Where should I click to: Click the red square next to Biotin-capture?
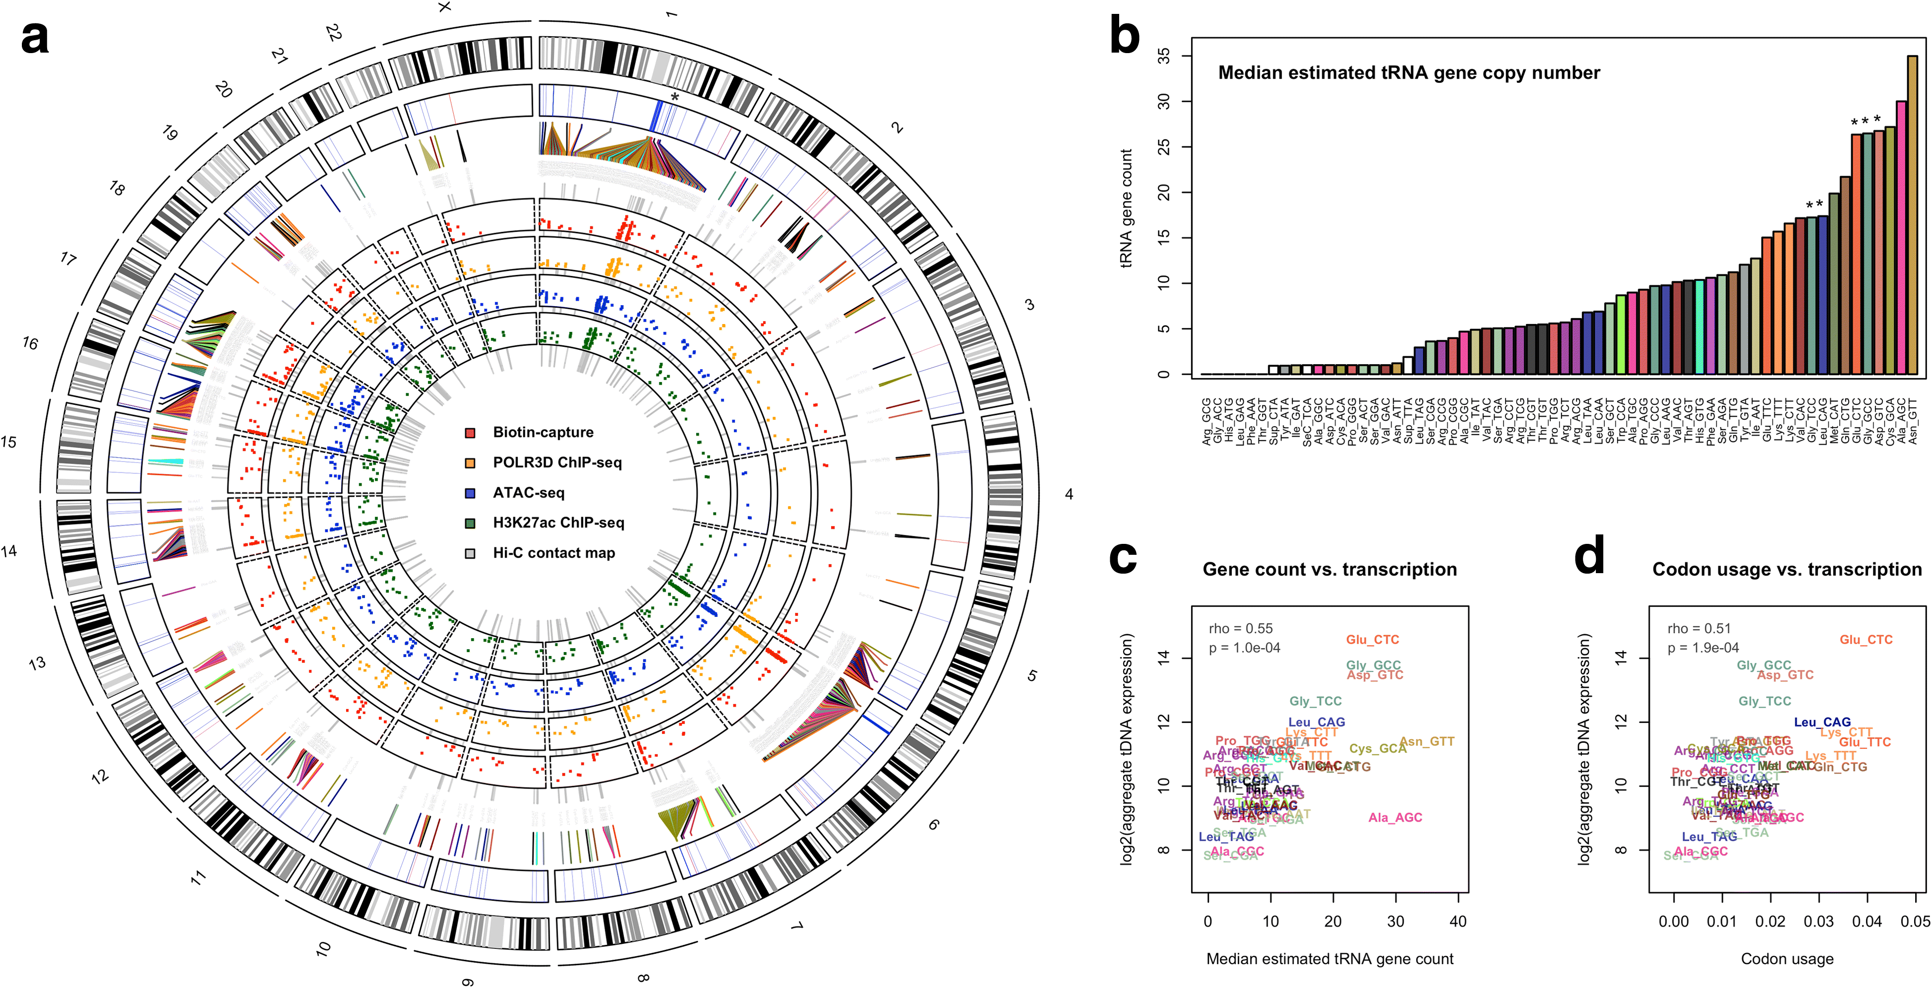(470, 433)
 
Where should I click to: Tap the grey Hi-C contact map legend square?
(470, 553)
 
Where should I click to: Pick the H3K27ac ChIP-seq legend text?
(558, 523)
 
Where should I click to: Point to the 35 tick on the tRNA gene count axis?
(1163, 56)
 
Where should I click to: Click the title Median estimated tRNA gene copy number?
(1409, 73)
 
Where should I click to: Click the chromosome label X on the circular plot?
(445, 7)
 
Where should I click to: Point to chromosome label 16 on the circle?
(30, 343)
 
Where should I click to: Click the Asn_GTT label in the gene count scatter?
(1427, 741)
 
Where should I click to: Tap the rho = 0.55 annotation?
(1240, 628)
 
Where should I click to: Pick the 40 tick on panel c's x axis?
(1458, 922)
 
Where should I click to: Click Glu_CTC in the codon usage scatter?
(1866, 640)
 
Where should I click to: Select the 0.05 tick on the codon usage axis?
(1915, 922)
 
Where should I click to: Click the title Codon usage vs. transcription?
(1787, 570)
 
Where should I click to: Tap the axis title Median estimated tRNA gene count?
(1330, 959)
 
